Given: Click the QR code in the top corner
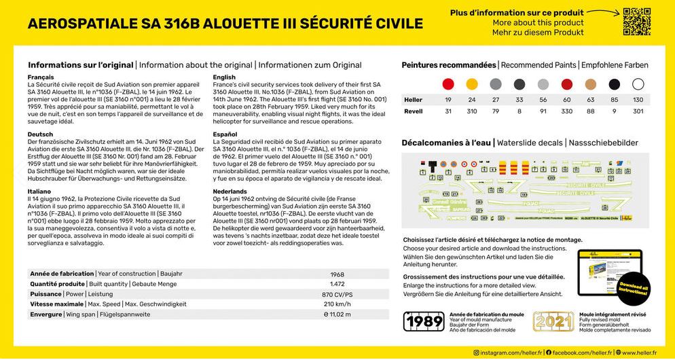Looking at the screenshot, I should pyautogui.click(x=636, y=22).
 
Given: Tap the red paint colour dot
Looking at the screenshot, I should pyautogui.click(x=448, y=84).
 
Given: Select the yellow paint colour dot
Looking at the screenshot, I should pyautogui.click(x=472, y=84).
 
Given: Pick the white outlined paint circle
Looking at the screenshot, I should pyautogui.click(x=638, y=84).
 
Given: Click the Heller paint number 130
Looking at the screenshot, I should pyautogui.click(x=638, y=100).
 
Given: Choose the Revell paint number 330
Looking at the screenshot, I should pyautogui.click(x=566, y=111).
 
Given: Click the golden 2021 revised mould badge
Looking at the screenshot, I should pyautogui.click(x=553, y=321).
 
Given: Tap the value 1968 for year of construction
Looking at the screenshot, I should pyautogui.click(x=337, y=274).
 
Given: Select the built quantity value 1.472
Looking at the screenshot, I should pyautogui.click(x=337, y=284).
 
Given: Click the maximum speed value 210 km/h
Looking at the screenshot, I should pyautogui.click(x=337, y=304).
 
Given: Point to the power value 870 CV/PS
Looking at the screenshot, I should pyautogui.click(x=337, y=294).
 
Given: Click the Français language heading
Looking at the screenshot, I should pyautogui.click(x=41, y=77).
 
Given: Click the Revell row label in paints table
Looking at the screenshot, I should pyautogui.click(x=413, y=111).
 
